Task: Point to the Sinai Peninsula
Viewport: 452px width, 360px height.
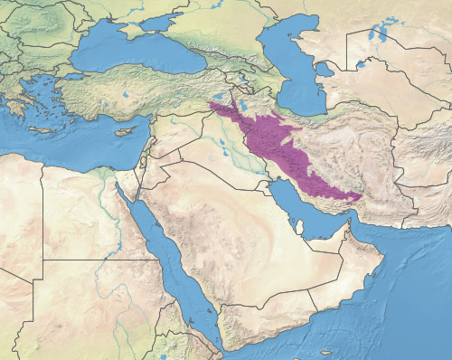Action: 127,181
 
